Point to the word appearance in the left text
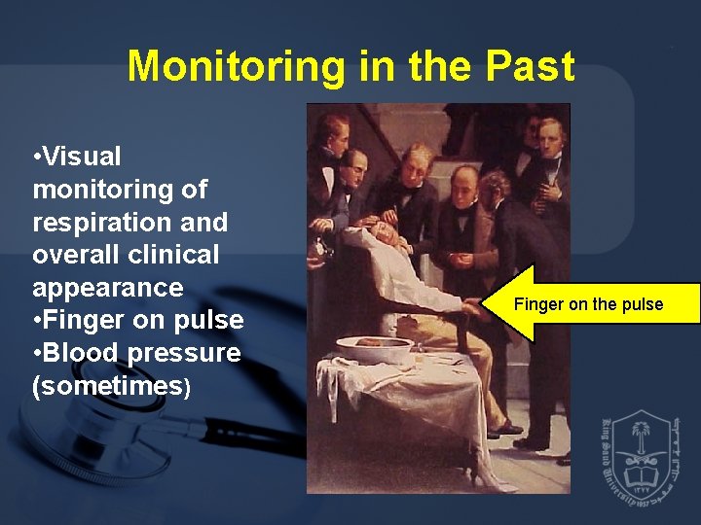(x=107, y=288)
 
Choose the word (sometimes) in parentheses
(x=111, y=386)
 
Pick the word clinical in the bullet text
(x=171, y=255)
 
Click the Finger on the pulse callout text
(x=588, y=304)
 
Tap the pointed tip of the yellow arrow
(x=484, y=303)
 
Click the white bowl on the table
(x=374, y=347)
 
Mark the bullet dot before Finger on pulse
(x=36, y=321)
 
